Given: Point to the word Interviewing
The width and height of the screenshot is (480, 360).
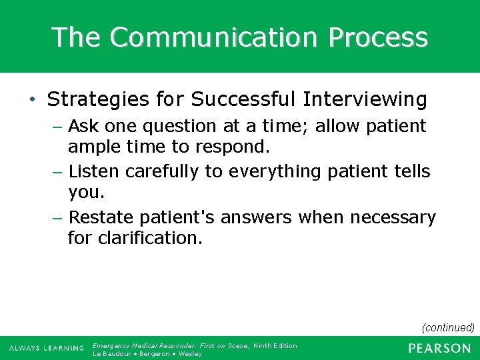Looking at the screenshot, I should tap(365, 99).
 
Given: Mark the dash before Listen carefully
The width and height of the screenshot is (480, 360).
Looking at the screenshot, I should tap(58, 172).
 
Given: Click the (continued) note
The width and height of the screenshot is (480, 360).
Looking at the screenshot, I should tap(448, 327).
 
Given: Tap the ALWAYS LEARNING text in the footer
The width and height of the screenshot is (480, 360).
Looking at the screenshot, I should tap(46, 349).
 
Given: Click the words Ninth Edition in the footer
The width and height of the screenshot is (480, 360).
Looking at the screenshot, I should tap(275, 345).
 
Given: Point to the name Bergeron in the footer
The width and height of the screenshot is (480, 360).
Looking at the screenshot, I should tap(155, 353).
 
